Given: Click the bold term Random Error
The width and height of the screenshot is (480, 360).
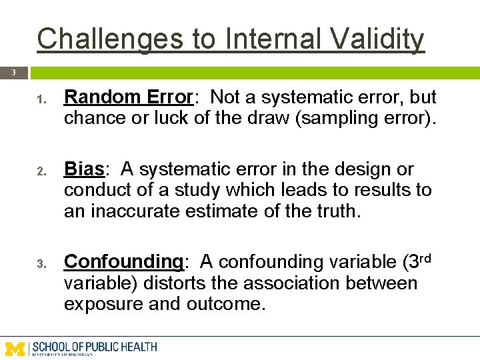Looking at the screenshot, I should pos(128,97).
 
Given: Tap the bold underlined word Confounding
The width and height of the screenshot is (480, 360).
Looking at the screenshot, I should pos(123,261).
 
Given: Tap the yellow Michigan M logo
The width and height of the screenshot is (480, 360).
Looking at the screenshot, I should pos(16,348).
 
